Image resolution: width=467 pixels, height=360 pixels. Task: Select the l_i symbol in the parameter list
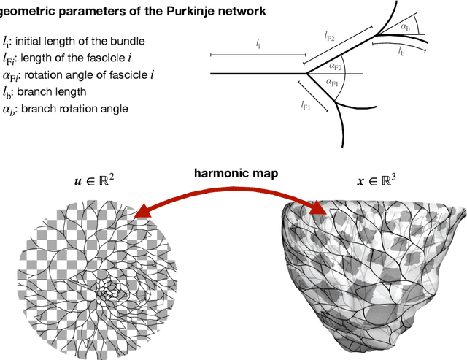point(7,41)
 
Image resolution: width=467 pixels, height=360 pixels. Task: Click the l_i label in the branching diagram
point(258,44)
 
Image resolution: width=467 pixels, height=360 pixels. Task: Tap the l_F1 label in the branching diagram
point(306,106)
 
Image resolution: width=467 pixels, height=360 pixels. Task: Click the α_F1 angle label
point(333,82)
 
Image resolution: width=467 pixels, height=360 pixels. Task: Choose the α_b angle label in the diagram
point(406,26)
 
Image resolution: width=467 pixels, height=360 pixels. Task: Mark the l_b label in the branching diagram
point(403,52)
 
